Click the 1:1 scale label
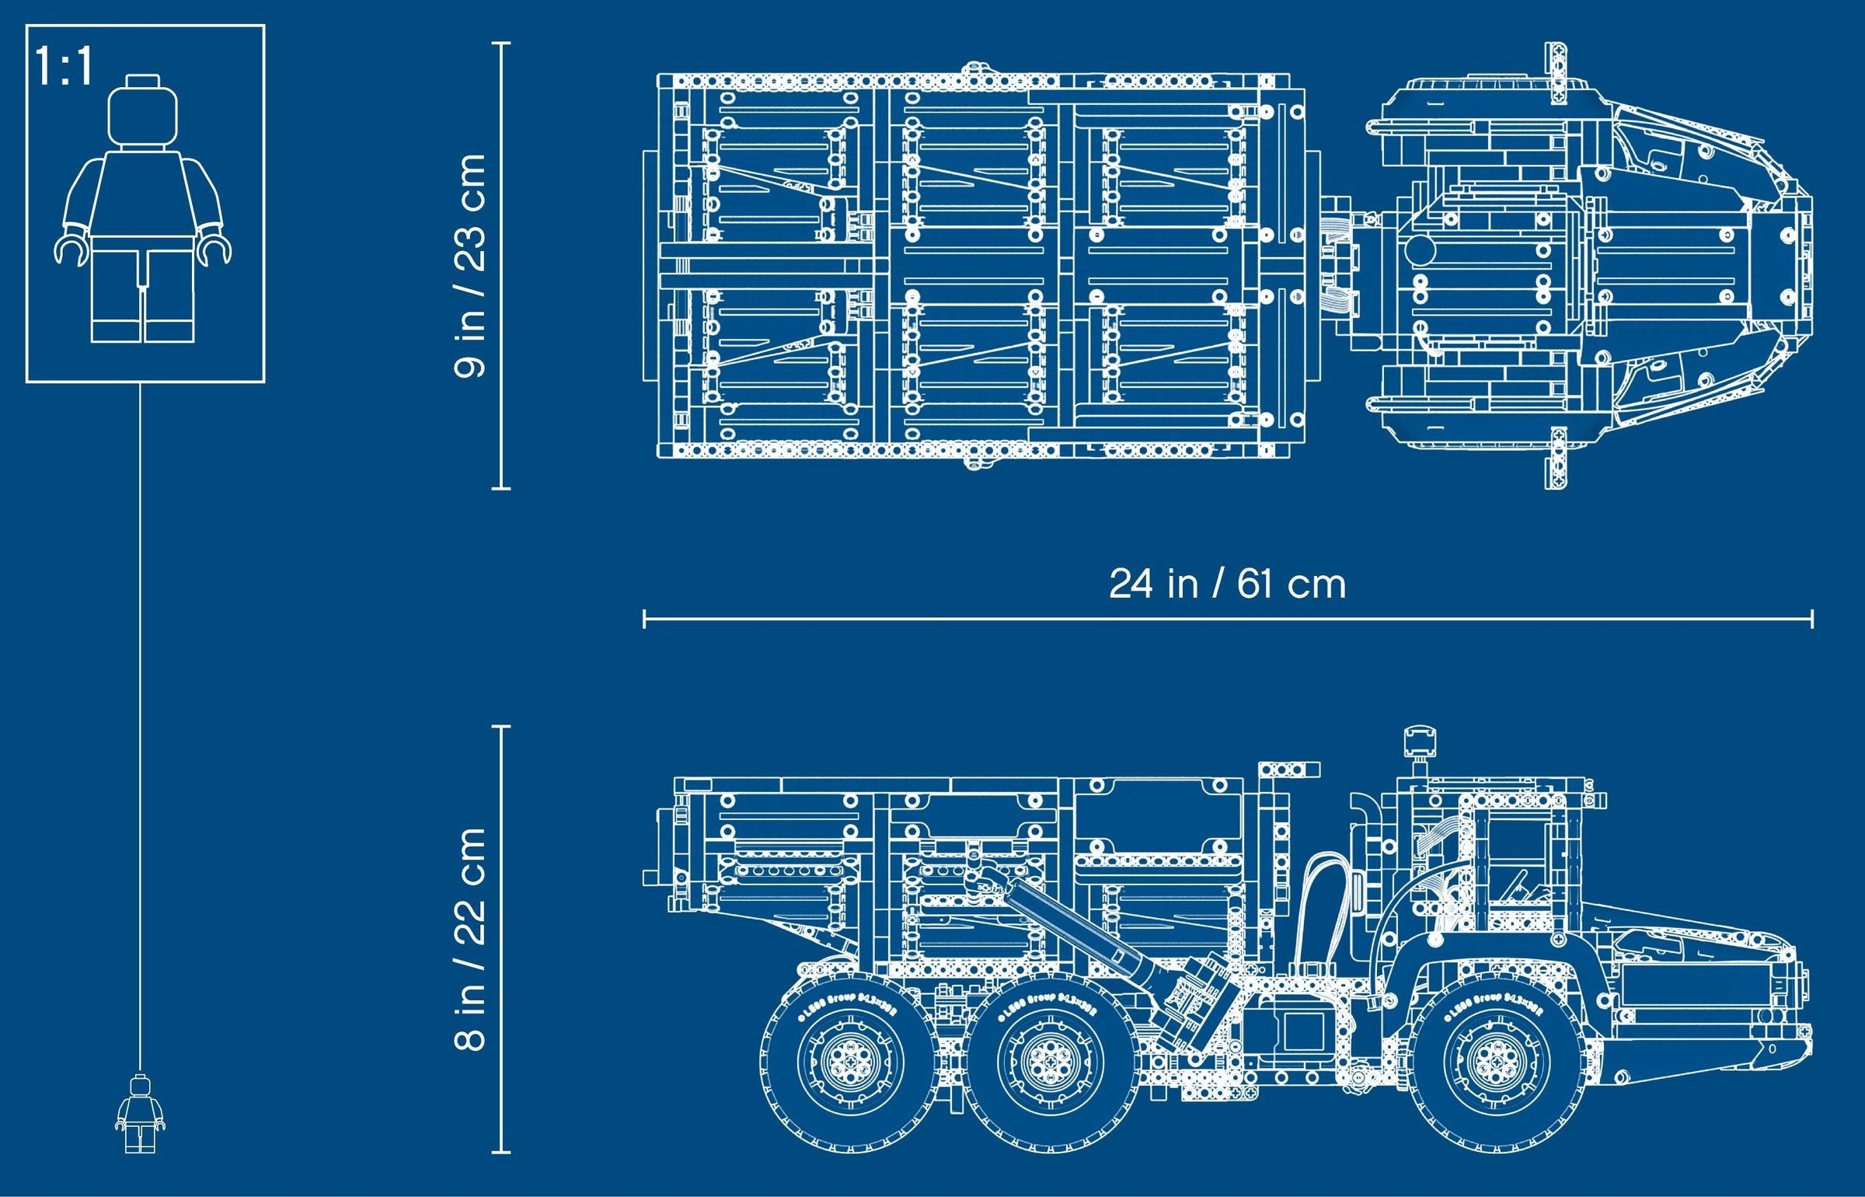coord(64,67)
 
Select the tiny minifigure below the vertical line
coord(141,1113)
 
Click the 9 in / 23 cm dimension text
coord(469,266)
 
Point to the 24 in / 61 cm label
coord(1227,584)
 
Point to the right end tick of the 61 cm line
coord(1812,619)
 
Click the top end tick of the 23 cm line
coord(501,44)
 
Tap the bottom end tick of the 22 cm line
coord(501,1152)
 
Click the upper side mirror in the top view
coord(1554,73)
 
